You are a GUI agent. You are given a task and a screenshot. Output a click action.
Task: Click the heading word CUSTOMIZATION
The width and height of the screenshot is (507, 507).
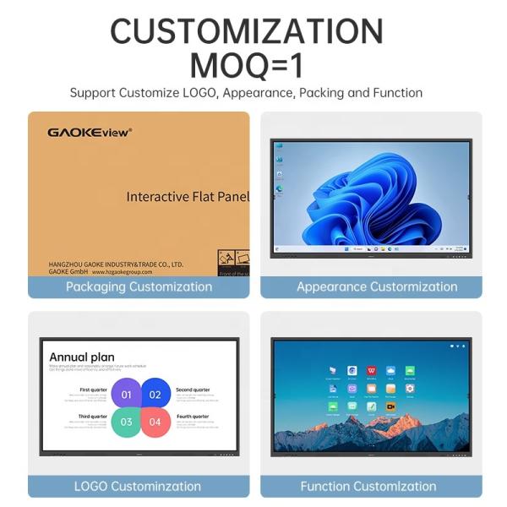coord(246,32)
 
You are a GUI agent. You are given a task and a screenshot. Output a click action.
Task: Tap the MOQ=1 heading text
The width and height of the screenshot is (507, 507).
coord(246,64)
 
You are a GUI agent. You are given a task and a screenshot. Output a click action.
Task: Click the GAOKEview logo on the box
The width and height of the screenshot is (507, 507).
coord(90,132)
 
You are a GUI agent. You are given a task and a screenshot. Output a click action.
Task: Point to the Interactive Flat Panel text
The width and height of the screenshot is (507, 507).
coord(188,197)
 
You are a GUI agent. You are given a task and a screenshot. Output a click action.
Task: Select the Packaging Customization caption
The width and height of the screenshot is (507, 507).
coord(139,286)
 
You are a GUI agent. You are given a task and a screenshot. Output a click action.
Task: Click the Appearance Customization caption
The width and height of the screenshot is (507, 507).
coord(377,286)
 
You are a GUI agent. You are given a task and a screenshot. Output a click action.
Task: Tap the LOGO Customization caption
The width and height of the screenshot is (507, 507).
coord(138,486)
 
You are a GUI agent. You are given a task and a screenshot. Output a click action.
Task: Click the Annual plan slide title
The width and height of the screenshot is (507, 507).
coord(82,357)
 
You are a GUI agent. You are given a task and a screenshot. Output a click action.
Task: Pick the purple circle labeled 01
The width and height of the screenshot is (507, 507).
coord(127,394)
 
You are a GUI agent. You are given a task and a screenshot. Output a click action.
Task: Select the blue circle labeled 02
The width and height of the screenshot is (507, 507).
coord(155,394)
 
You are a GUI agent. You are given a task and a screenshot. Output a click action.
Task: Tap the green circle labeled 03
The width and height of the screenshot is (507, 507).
coord(127,422)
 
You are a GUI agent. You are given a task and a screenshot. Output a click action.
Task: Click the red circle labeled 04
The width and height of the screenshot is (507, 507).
coord(155,422)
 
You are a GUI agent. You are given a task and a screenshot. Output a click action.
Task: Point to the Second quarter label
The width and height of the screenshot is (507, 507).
coord(194,390)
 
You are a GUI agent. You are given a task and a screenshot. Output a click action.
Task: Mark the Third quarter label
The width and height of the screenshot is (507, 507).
coord(92,417)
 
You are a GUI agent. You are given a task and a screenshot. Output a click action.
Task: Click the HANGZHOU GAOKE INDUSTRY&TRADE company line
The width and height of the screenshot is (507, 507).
coord(115,264)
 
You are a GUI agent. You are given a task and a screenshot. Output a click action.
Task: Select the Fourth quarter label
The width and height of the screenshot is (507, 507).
coord(193,417)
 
